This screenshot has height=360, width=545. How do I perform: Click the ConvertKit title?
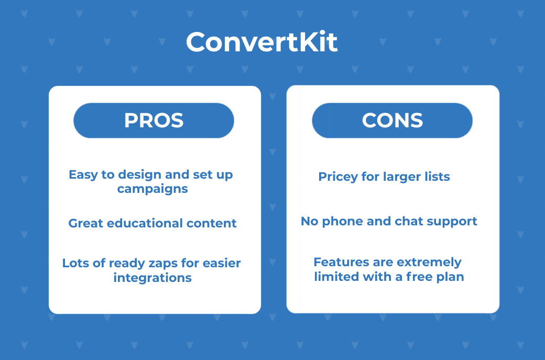tap(261, 42)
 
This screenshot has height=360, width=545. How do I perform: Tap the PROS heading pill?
tap(154, 121)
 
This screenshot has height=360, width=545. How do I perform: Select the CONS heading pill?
tap(392, 121)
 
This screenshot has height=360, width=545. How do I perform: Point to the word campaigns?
tap(152, 189)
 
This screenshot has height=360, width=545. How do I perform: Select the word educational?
tap(145, 223)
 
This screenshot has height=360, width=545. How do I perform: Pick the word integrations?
tap(152, 278)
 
